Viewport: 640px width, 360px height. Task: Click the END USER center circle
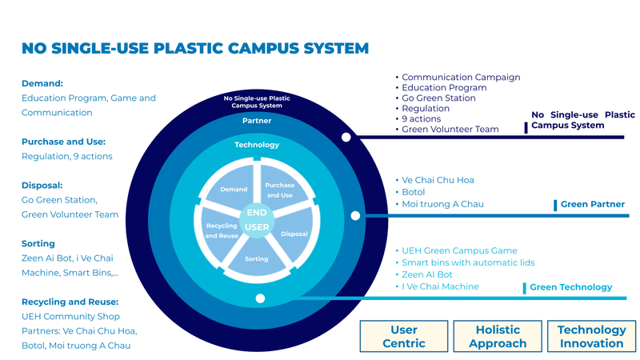pos(257,219)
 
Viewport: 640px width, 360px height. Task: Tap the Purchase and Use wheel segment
pos(282,188)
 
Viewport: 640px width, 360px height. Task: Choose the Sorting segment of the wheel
pos(257,258)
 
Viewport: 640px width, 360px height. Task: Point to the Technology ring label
pos(257,145)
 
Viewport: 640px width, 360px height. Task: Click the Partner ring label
pos(257,121)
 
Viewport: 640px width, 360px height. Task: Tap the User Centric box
pos(404,336)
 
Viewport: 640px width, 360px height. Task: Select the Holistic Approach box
pos(498,336)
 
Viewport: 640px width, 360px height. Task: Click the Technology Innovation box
pos(591,336)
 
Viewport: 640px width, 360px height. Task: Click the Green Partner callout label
pos(592,205)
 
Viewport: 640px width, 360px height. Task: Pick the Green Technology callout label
pos(570,287)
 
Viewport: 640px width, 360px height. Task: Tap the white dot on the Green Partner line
pos(355,215)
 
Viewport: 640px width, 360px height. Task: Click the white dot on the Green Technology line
pos(260,298)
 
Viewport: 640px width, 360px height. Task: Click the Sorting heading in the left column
pos(38,244)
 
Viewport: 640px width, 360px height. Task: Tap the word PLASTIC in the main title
pos(188,48)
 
